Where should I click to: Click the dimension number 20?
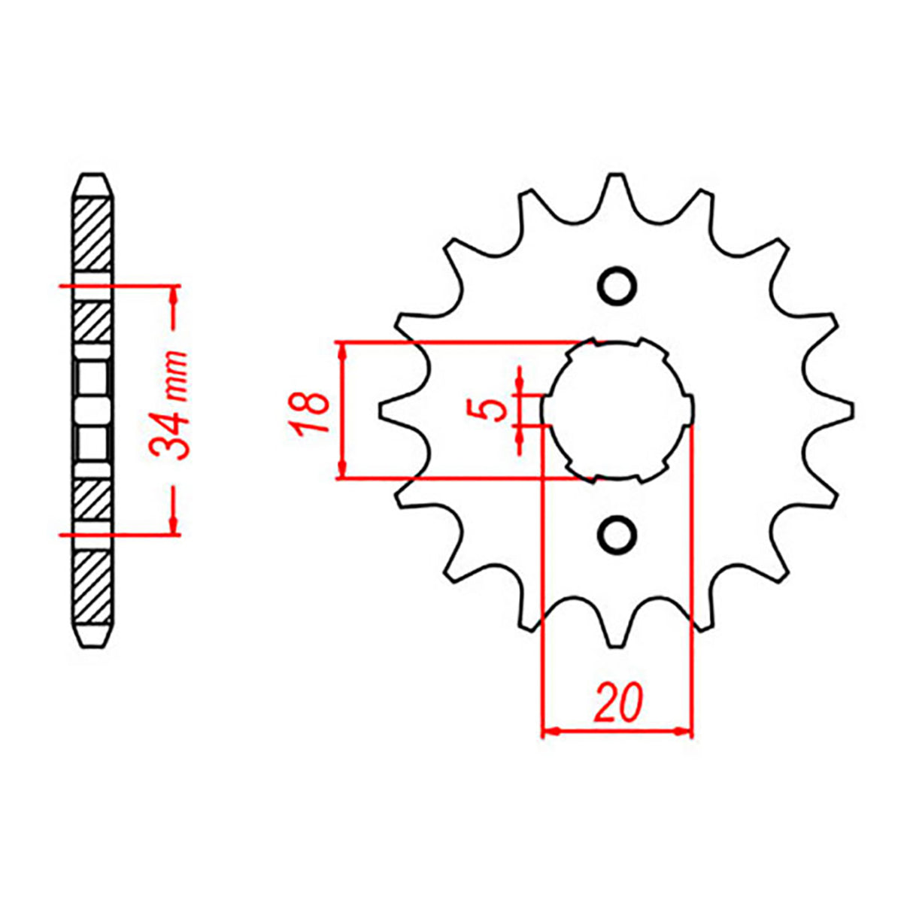(x=618, y=702)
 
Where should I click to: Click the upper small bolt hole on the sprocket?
(x=617, y=286)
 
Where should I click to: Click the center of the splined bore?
(x=617, y=411)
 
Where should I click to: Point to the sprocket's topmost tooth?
(x=617, y=184)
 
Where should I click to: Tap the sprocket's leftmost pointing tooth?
(x=385, y=411)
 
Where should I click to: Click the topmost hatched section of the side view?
(x=94, y=233)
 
